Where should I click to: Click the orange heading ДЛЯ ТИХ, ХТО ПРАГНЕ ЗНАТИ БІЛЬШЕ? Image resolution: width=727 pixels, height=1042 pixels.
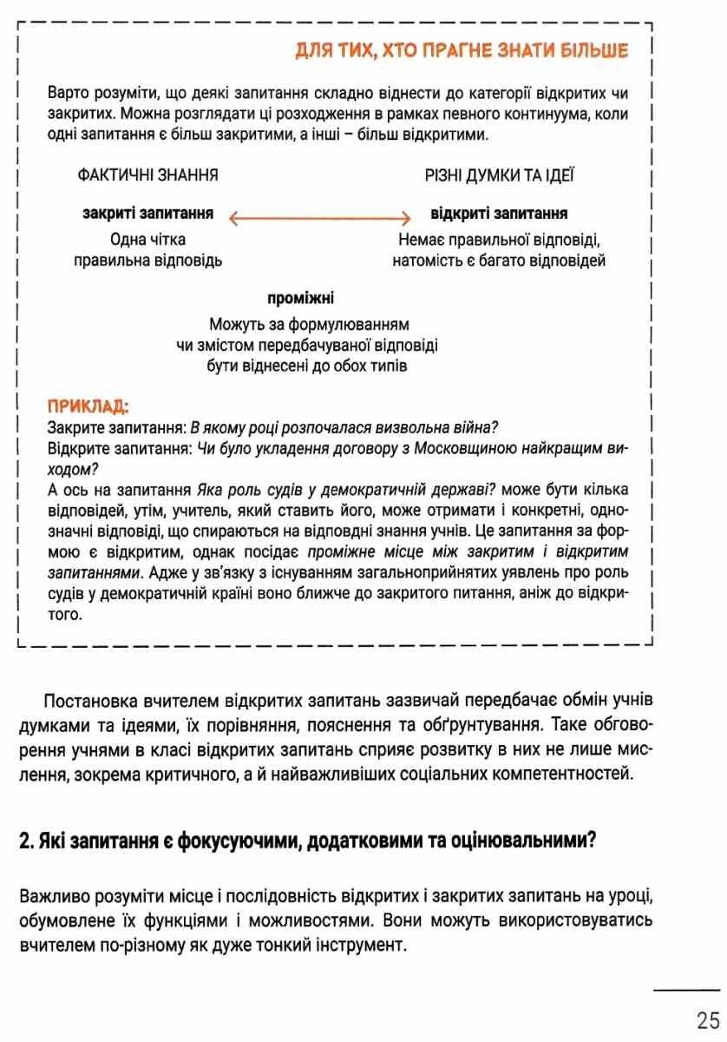[x=462, y=51]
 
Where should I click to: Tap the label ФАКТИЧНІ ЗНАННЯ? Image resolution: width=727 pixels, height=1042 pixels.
[x=147, y=175]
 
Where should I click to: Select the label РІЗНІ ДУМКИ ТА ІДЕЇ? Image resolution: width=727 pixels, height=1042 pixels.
[x=499, y=175]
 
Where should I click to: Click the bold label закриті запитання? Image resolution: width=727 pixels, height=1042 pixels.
[x=147, y=214]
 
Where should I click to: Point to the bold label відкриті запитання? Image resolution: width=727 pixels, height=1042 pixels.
[x=499, y=214]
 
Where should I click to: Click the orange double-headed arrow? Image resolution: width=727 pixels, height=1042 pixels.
[x=319, y=218]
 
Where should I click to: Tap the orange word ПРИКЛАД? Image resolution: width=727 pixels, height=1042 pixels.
[x=88, y=406]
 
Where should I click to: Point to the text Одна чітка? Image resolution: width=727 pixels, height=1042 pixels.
[x=147, y=240]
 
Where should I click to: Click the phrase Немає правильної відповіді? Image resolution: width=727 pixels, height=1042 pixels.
[x=499, y=240]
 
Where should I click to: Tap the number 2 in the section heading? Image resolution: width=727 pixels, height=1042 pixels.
[x=24, y=841]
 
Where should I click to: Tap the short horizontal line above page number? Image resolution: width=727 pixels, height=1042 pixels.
[x=686, y=989]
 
